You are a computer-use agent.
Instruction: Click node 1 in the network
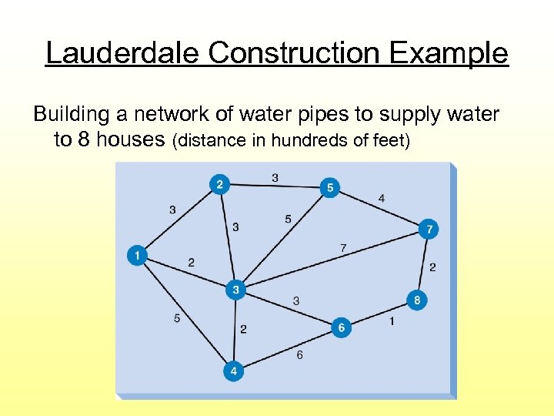click(x=137, y=255)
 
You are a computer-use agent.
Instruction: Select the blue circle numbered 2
click(x=220, y=184)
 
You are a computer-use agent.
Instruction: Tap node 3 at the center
click(x=236, y=290)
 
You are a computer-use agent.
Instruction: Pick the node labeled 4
click(x=234, y=371)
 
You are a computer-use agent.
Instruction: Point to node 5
click(x=329, y=187)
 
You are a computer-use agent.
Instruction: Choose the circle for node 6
click(x=341, y=327)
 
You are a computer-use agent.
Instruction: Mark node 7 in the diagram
click(x=429, y=230)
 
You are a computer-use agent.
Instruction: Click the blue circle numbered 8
click(x=416, y=300)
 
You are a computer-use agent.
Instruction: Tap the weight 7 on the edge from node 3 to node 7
click(x=343, y=248)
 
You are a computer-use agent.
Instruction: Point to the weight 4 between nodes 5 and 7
click(x=382, y=199)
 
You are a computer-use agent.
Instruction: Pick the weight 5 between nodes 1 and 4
click(x=177, y=317)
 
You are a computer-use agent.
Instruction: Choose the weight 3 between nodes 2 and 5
click(x=275, y=177)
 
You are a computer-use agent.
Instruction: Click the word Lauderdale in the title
click(x=123, y=54)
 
